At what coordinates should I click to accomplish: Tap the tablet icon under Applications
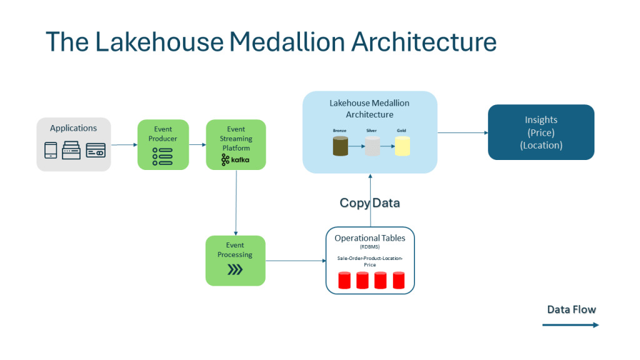pyautogui.click(x=51, y=151)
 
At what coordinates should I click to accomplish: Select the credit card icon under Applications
pyautogui.click(x=96, y=151)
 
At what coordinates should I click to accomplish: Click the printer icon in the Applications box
pyautogui.click(x=72, y=151)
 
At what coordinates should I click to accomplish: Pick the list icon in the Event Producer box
pyautogui.click(x=162, y=156)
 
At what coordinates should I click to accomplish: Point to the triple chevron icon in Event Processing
pyautogui.click(x=235, y=270)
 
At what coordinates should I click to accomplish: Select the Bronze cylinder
pyautogui.click(x=340, y=146)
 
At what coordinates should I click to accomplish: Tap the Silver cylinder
pyautogui.click(x=372, y=146)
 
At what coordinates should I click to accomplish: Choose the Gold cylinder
pyautogui.click(x=402, y=146)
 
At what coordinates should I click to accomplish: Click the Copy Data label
pyautogui.click(x=369, y=202)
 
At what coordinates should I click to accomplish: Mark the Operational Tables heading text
pyautogui.click(x=369, y=238)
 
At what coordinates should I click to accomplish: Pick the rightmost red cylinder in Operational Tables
pyautogui.click(x=398, y=280)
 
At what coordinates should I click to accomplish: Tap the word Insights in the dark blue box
pyautogui.click(x=541, y=120)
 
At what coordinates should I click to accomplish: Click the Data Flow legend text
pyautogui.click(x=571, y=309)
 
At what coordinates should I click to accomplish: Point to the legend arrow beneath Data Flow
pyautogui.click(x=570, y=324)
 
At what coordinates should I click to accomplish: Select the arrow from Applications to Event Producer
pyautogui.click(x=124, y=145)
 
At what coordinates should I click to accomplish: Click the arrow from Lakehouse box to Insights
pyautogui.click(x=462, y=132)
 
